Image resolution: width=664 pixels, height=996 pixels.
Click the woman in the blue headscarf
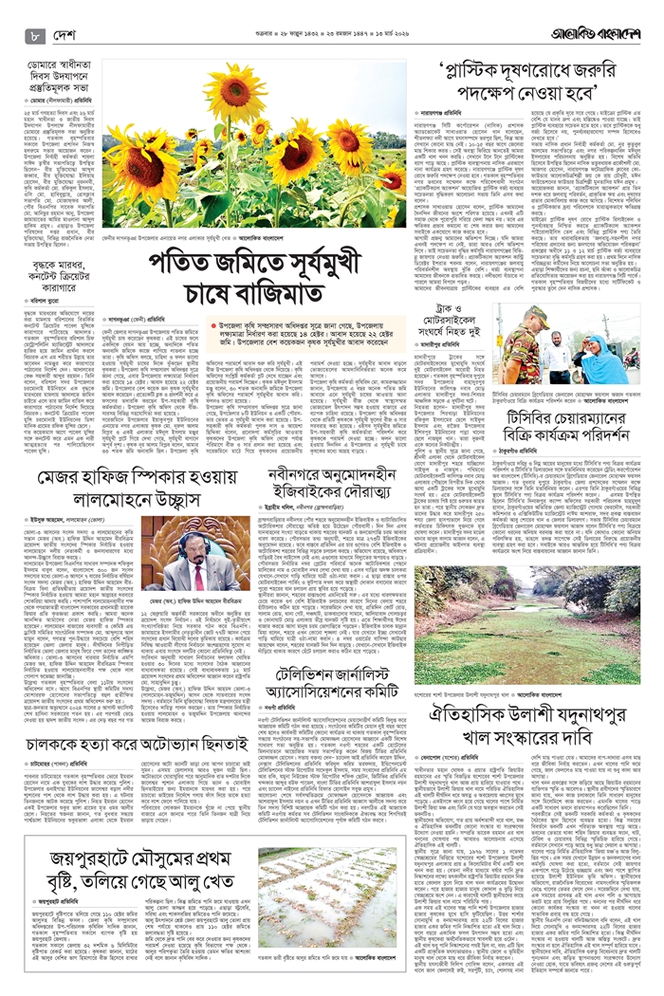(597, 354)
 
